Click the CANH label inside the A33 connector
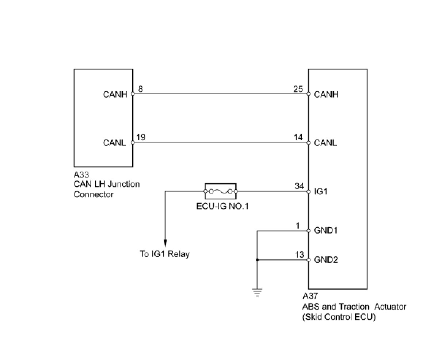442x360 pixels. pos(115,95)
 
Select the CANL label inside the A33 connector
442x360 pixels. pos(114,143)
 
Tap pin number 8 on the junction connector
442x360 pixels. pos(140,89)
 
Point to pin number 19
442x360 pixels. pos(140,137)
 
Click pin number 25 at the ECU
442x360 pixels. pos(298,89)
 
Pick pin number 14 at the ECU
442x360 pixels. pos(298,137)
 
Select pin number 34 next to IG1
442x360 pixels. pos(299,186)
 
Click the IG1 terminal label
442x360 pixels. pos(320,191)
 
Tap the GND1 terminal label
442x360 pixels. pos(325,231)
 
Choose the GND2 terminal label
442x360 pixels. pos(326,260)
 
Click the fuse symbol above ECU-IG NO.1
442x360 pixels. pos(221,191)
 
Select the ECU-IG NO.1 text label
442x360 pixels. pos(222,206)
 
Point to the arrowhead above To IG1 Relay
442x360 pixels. pos(165,242)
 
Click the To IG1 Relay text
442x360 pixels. pos(165,254)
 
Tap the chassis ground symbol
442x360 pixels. pos(257,292)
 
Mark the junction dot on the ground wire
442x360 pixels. pos(257,260)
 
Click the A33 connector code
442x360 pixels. pos(81,175)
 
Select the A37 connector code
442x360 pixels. pos(310,296)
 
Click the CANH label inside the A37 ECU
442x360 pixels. pos(326,95)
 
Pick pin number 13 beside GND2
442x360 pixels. pos(299,254)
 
